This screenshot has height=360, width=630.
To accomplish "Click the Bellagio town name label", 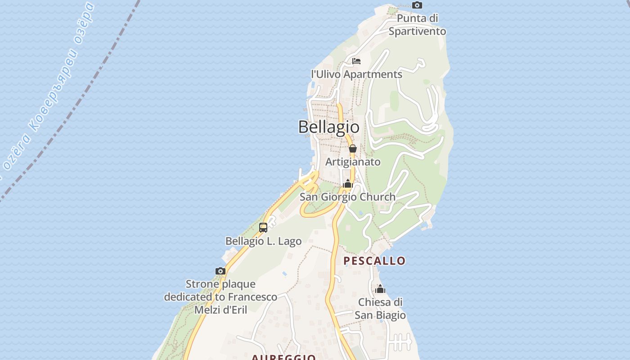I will [329, 127].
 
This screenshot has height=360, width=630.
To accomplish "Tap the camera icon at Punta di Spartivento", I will [417, 5].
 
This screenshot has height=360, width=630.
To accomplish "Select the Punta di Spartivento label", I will [417, 25].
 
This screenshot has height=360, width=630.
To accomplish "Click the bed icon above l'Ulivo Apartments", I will [356, 61].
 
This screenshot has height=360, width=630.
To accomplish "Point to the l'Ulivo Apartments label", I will [356, 74].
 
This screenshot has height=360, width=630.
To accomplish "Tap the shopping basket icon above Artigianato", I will [353, 148].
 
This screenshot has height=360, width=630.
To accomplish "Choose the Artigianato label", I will [353, 162].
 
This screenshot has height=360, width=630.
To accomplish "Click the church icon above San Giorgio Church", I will [347, 184].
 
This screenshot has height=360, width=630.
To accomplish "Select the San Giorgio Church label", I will [347, 197].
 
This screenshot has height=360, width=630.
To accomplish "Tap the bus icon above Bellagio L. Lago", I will [263, 228].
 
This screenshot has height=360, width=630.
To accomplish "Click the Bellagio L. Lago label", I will [263, 241].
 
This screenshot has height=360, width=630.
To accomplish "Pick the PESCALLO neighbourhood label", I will [374, 261].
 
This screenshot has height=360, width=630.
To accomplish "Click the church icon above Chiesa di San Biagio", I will [380, 289].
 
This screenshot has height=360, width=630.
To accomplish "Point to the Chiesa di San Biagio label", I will [380, 308].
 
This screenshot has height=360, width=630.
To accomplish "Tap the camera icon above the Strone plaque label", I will [220, 271].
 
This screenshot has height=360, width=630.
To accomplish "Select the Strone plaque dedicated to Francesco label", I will [220, 291].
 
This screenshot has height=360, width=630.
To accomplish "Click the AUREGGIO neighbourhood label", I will [283, 357].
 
